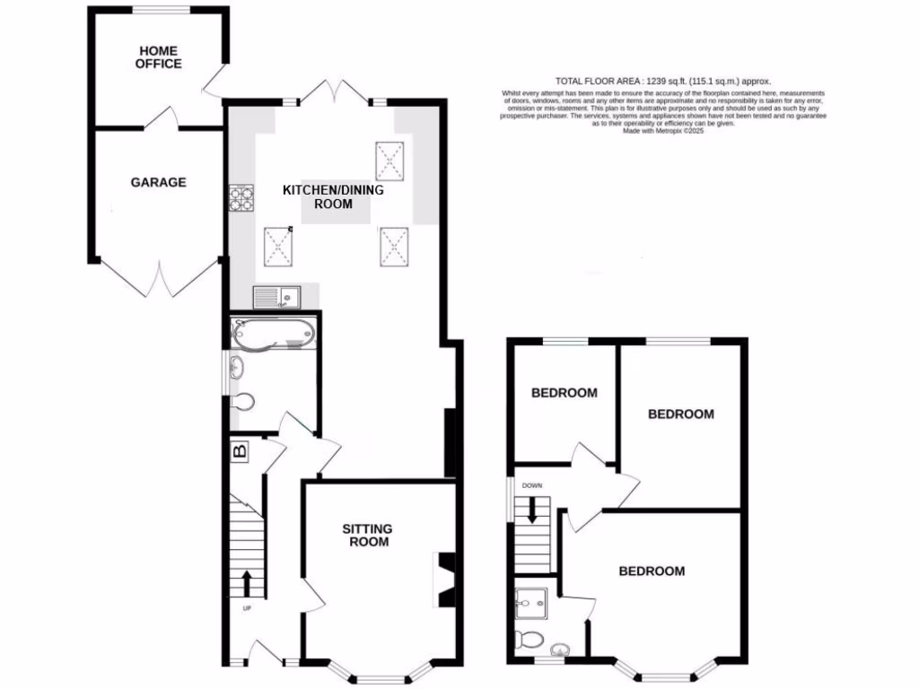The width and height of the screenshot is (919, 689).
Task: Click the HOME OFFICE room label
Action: (158, 57)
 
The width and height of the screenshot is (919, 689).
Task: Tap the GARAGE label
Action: (158, 182)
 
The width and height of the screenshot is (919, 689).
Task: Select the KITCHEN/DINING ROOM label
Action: (333, 197)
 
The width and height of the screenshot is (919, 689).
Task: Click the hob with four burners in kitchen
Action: (242, 197)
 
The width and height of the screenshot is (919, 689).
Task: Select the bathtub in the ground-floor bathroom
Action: (273, 334)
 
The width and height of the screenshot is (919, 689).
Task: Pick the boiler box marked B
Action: (240, 451)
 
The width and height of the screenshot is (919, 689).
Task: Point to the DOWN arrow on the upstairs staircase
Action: (532, 510)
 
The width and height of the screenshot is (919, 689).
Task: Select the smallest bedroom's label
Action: (564, 393)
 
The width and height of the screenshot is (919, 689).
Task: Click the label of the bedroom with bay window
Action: (651, 571)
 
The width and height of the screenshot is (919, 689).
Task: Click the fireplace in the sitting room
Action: (444, 580)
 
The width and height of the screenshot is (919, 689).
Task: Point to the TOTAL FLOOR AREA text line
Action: (663, 81)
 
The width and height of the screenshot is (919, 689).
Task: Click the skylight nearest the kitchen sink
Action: (278, 244)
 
